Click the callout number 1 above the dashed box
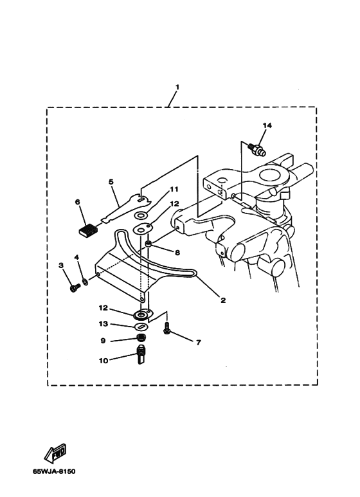177,87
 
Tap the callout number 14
267,125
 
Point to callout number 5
111,182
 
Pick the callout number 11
174,190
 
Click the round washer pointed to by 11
140,215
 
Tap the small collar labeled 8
148,244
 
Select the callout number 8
177,253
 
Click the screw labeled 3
75,287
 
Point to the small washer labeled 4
85,282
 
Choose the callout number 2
223,300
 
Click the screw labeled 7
166,328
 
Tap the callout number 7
199,343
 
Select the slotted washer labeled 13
141,327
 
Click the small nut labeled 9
141,338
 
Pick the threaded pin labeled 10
141,354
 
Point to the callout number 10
104,361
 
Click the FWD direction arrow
56,453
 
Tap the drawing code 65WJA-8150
54,471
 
